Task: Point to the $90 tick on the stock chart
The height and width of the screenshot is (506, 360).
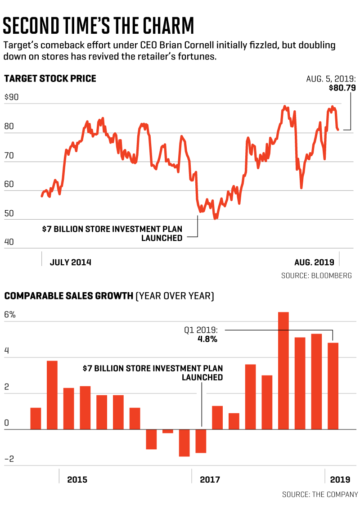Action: (11, 97)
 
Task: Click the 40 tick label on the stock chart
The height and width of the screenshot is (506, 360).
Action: (9, 242)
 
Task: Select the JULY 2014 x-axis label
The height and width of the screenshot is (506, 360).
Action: (70, 262)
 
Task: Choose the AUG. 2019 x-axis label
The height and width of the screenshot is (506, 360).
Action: (314, 262)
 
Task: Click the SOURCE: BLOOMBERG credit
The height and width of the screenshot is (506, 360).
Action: (316, 276)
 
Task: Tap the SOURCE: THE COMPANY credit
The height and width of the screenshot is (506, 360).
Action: (320, 494)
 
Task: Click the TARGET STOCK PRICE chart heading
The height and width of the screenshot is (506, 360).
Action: (50, 79)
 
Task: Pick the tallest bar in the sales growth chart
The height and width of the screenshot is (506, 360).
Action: (283, 370)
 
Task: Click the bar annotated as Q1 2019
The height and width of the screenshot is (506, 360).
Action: (333, 386)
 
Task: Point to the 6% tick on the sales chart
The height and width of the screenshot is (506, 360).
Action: (10, 315)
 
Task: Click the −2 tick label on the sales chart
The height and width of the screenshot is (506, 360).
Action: (10, 459)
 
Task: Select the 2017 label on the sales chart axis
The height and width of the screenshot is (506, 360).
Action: (210, 479)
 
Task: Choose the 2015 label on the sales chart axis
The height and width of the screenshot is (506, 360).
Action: (77, 479)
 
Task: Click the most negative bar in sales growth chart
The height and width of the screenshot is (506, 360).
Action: (184, 443)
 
